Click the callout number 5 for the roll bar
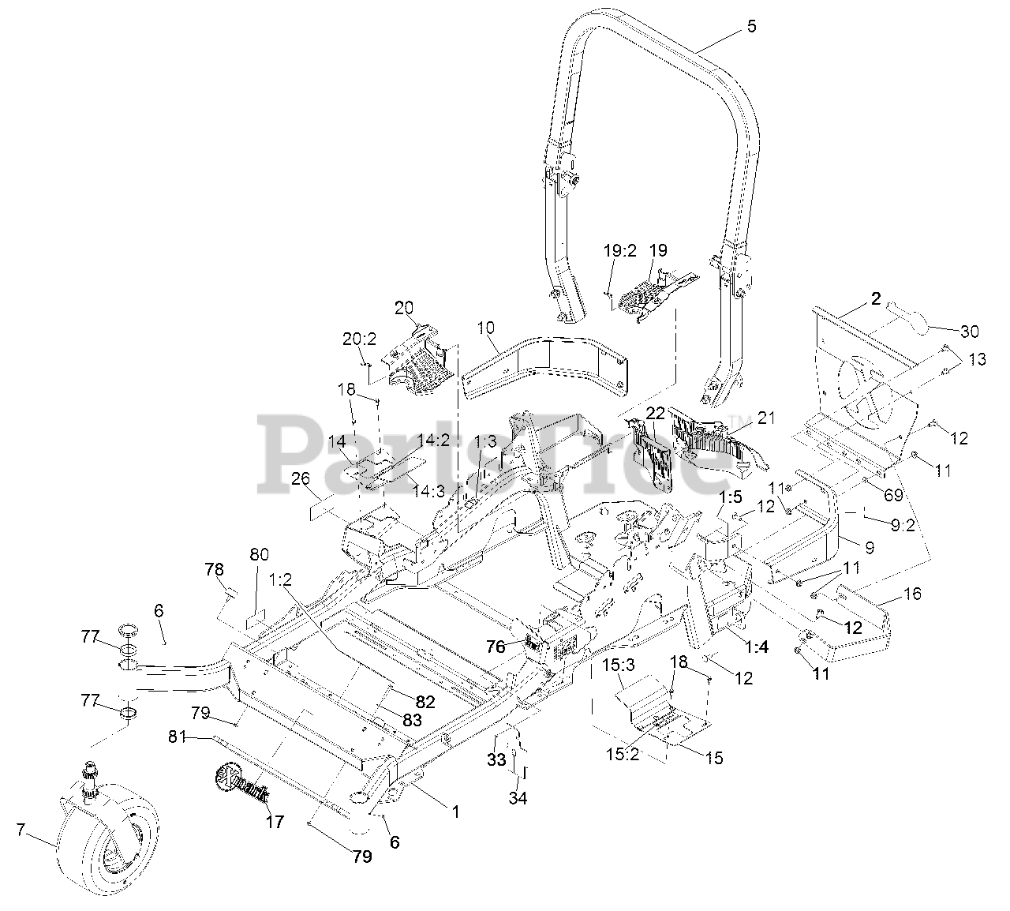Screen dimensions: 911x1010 [750, 27]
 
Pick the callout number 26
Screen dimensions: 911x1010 [300, 500]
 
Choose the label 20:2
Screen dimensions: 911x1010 [355, 339]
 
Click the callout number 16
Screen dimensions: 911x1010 [911, 594]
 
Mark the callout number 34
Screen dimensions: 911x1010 [518, 797]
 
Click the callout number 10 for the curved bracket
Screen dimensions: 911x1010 [486, 326]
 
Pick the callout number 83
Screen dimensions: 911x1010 [410, 720]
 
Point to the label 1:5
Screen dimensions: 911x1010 [731, 497]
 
